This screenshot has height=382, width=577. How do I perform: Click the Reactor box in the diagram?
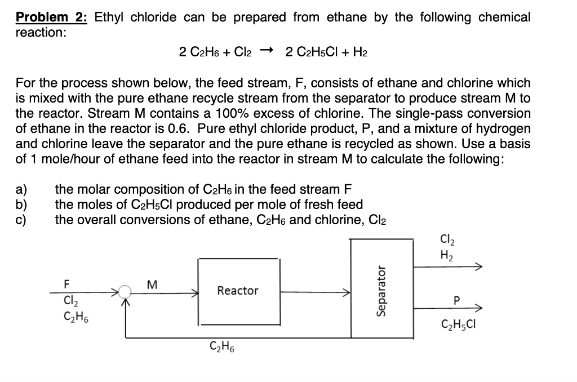[238, 291]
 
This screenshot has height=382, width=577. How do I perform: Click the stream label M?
[150, 283]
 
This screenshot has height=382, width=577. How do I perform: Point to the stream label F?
[67, 283]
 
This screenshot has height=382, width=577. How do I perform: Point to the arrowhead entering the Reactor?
[195, 292]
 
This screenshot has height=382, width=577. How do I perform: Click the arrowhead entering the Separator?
[348, 292]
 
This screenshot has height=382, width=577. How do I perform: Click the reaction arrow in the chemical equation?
[267, 52]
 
